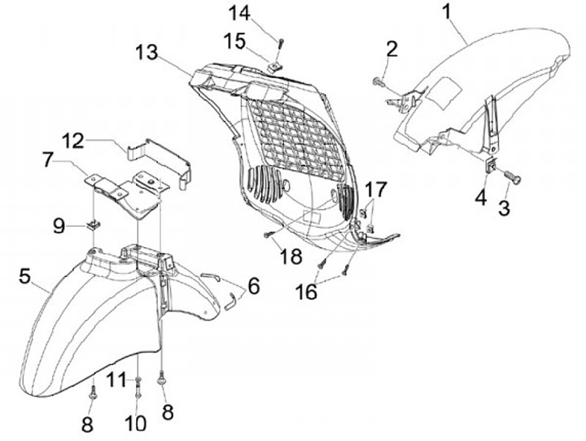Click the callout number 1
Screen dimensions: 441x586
click(445, 11)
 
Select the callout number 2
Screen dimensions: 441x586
click(392, 49)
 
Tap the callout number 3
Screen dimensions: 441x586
click(505, 208)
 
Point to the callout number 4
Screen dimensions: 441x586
click(481, 198)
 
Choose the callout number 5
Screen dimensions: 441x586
click(27, 276)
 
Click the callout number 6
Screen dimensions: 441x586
click(253, 286)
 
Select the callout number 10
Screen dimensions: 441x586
click(135, 423)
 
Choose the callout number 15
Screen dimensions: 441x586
click(234, 39)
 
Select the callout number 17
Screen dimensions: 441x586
click(376, 190)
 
